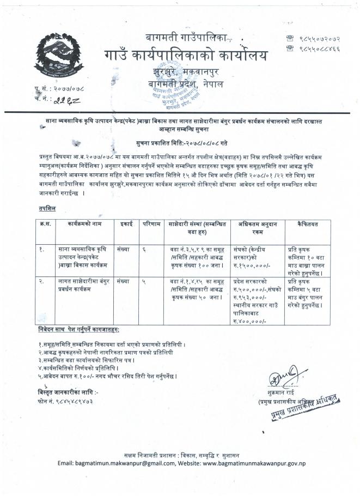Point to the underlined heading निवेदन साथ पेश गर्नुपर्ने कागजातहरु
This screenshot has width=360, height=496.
[79, 331]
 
